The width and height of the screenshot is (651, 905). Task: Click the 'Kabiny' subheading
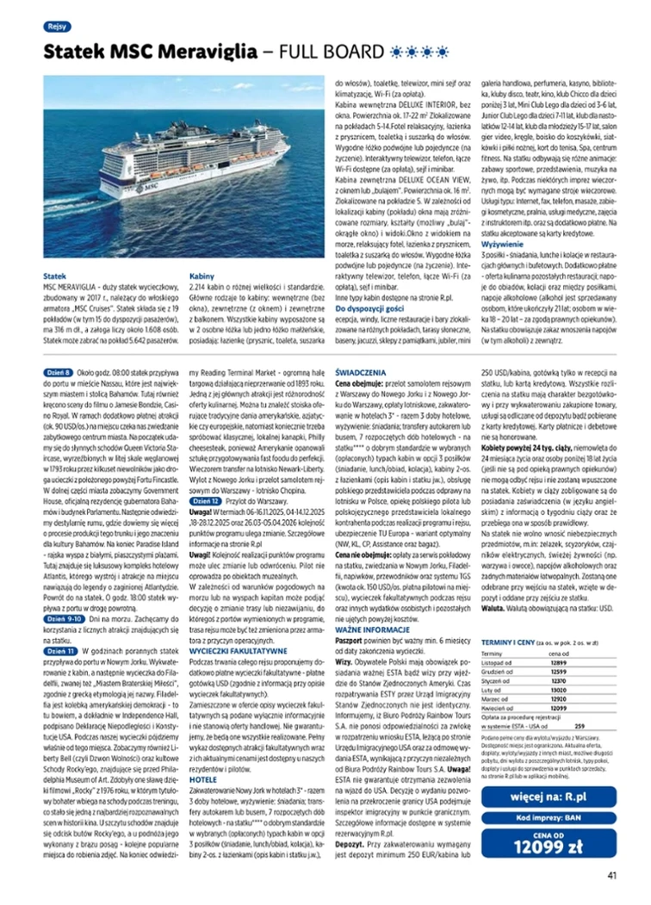point(201,276)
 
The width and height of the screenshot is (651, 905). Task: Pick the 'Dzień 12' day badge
point(202,499)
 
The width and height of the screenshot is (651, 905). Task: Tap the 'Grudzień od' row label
point(497,671)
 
